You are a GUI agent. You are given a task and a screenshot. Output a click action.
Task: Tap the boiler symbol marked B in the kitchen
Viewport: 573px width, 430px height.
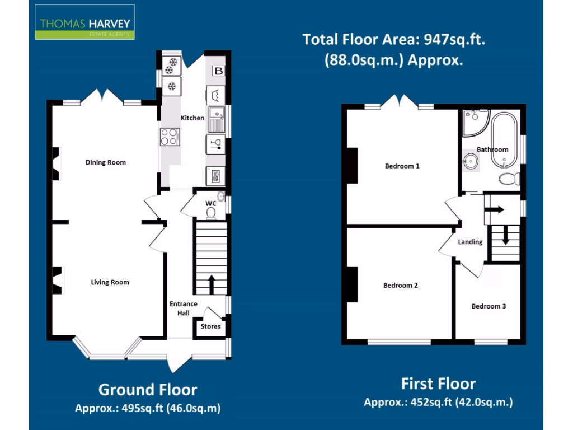pyautogui.click(x=218, y=71)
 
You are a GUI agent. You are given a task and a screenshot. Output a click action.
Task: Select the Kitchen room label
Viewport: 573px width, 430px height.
pyautogui.click(x=192, y=118)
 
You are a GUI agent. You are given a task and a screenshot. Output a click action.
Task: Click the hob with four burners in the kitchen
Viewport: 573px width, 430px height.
pyautogui.click(x=170, y=137)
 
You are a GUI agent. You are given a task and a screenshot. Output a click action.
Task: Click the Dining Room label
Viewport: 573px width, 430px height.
pyautogui.click(x=105, y=162)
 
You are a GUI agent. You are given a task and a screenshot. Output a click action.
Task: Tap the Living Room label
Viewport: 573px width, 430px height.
pyautogui.click(x=110, y=282)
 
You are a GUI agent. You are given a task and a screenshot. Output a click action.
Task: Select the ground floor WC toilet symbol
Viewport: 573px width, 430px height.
pyautogui.click(x=211, y=213)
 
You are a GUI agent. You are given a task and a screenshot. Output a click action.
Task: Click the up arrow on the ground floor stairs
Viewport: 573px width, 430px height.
pyautogui.click(x=212, y=283)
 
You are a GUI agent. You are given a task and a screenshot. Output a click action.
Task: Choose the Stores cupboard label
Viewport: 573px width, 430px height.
pyautogui.click(x=210, y=326)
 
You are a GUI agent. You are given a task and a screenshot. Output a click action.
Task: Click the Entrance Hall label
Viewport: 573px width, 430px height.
pyautogui.click(x=184, y=308)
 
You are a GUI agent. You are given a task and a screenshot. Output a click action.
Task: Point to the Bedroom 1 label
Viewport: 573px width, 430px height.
pyautogui.click(x=402, y=166)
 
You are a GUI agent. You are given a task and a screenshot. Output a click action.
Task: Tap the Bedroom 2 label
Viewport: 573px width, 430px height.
pyautogui.click(x=400, y=285)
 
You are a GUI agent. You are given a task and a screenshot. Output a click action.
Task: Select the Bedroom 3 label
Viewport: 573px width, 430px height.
pyautogui.click(x=489, y=306)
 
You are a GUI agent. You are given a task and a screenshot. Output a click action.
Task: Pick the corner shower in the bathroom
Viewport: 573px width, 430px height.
pyautogui.click(x=474, y=121)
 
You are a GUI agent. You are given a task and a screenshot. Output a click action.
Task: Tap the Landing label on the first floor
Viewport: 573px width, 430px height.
pyautogui.click(x=470, y=242)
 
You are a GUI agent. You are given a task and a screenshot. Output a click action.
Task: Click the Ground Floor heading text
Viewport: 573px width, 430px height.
pyautogui.click(x=148, y=390)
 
